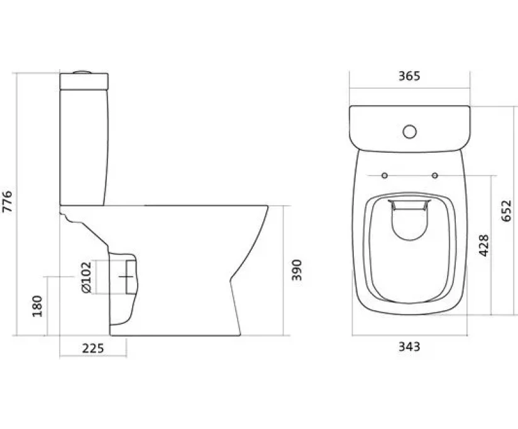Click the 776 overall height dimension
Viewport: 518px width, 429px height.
pyautogui.click(x=7, y=202)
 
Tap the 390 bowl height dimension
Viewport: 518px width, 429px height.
pyautogui.click(x=297, y=270)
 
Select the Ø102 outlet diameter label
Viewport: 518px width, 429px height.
pyautogui.click(x=86, y=277)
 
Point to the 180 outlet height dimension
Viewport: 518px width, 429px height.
pyautogui.click(x=38, y=306)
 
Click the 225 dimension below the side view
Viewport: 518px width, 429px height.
pyautogui.click(x=93, y=348)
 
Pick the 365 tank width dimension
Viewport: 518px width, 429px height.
pyautogui.click(x=409, y=76)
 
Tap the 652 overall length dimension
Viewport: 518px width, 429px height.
pyautogui.click(x=506, y=211)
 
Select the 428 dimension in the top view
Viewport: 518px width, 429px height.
pyautogui.click(x=484, y=245)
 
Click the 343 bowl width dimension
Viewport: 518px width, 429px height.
pyautogui.click(x=409, y=347)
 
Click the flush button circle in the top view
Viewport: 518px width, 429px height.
pyautogui.click(x=410, y=132)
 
